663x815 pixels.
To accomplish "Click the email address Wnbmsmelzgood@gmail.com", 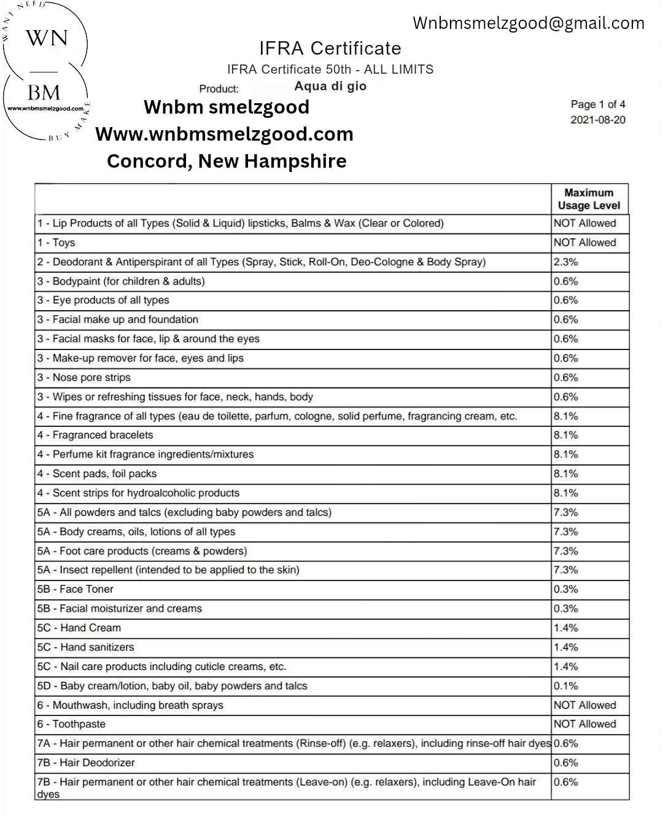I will pyautogui.click(x=529, y=23).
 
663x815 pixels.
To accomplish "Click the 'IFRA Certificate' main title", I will pyautogui.click(x=330, y=48).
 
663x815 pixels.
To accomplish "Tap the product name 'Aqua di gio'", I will pyautogui.click(x=330, y=86).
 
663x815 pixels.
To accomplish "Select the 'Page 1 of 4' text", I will pyautogui.click(x=598, y=104).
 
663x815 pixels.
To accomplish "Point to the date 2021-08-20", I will pyautogui.click(x=598, y=120).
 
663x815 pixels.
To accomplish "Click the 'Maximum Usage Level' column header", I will pyautogui.click(x=589, y=199).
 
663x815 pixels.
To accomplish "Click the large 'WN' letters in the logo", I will pyautogui.click(x=46, y=38).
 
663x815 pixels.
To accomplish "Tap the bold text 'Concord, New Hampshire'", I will pyautogui.click(x=227, y=161).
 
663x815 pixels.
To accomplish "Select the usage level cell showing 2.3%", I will pyautogui.click(x=566, y=262).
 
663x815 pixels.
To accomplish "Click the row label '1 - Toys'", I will pyautogui.click(x=56, y=243).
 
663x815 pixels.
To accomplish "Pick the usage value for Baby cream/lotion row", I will pyautogui.click(x=566, y=686).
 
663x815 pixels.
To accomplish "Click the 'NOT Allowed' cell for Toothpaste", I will pyautogui.click(x=584, y=724).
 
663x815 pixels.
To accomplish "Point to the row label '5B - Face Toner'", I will pyautogui.click(x=75, y=589).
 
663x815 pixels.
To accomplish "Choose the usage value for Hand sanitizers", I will pyautogui.click(x=566, y=647).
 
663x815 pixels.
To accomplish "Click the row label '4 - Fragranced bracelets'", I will pyautogui.click(x=95, y=435).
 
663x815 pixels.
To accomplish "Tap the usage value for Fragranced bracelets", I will pyautogui.click(x=566, y=435).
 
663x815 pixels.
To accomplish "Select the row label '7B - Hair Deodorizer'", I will pyautogui.click(x=85, y=763).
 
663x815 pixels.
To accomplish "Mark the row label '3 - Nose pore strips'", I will pyautogui.click(x=83, y=377).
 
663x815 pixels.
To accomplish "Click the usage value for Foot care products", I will pyautogui.click(x=566, y=551).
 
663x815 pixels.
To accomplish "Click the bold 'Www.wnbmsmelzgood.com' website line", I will pyautogui.click(x=225, y=134).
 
